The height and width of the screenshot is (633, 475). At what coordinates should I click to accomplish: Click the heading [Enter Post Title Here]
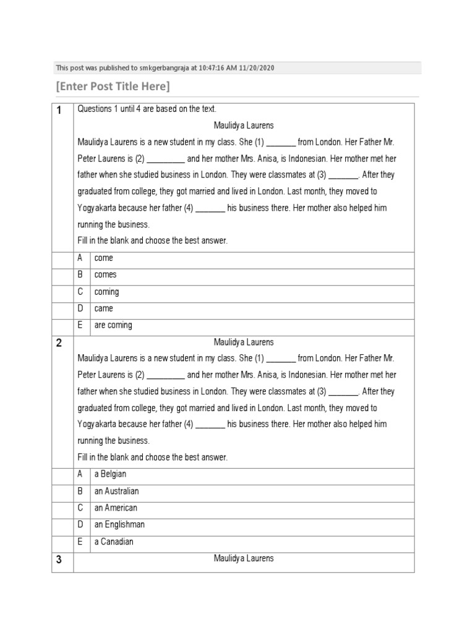113,86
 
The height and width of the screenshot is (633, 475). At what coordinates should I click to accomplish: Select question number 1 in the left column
59,111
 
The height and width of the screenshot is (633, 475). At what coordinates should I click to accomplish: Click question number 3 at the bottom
59,560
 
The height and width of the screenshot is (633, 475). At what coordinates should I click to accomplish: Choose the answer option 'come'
103,258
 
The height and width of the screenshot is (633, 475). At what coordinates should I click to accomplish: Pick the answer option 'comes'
105,275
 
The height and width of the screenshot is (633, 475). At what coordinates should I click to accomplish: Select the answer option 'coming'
106,292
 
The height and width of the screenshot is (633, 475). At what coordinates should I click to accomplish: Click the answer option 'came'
103,308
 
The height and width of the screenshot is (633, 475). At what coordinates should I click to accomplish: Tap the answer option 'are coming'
113,325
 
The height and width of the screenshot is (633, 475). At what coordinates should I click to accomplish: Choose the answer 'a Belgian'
111,474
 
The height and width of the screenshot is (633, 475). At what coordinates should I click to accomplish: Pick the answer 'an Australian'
116,491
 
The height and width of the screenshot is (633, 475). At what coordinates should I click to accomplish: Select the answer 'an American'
115,508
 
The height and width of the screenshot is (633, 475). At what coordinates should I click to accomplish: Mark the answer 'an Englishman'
119,525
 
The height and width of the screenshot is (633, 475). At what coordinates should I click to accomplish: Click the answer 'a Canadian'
113,542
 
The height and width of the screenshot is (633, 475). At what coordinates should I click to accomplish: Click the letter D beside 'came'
80,308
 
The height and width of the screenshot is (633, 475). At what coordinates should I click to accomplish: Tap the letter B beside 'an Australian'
80,491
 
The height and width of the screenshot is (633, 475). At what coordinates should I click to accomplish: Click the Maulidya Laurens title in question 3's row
244,559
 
